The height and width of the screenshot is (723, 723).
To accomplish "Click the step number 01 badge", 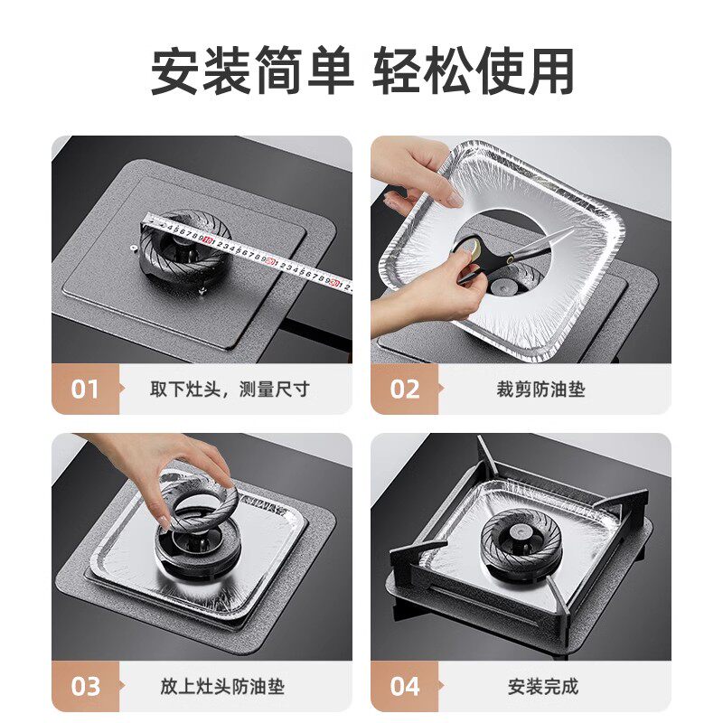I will pos(85,389).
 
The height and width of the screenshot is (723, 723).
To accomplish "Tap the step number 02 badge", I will pos(404,389).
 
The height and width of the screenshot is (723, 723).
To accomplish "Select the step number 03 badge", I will pos(85,686).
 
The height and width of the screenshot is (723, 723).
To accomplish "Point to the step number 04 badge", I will pos(404,686).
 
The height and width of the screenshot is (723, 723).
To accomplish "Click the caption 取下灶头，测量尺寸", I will pos(230,390).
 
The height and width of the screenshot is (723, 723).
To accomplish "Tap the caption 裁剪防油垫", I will pos(540,390).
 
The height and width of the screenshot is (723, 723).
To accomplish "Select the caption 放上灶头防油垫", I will pos(222,686).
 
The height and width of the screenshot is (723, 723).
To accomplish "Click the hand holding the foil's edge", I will pos(411,172).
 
